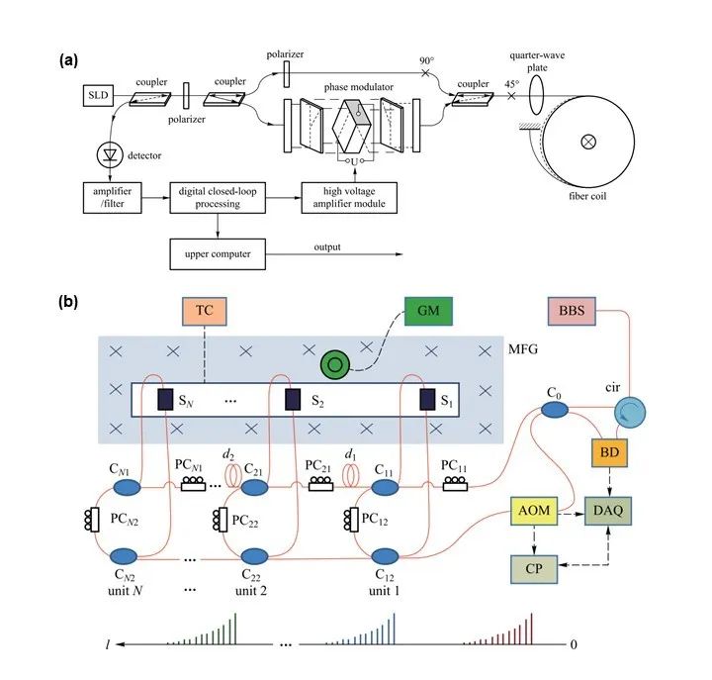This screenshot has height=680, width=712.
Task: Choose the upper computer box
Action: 218,253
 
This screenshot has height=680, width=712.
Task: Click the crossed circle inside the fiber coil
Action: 589,141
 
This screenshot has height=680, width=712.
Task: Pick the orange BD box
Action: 605,451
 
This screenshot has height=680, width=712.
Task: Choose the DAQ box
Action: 605,510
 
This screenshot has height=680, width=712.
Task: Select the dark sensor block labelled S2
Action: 292,399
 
